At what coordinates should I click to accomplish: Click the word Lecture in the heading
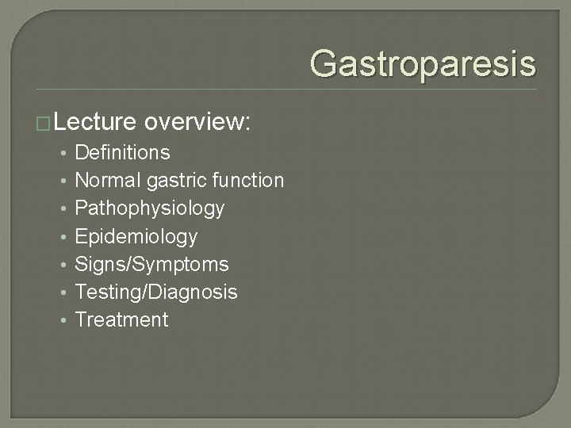click(x=97, y=121)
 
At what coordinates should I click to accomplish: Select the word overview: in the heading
click(x=198, y=121)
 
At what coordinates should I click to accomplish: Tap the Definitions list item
click(x=122, y=152)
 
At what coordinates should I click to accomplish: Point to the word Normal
click(x=108, y=181)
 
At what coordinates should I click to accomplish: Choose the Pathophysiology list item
click(x=149, y=208)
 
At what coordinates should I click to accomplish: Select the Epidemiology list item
click(x=136, y=236)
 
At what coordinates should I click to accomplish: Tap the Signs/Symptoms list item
click(x=151, y=264)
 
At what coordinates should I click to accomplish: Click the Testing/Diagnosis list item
click(x=155, y=292)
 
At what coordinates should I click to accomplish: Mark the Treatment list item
click(x=121, y=320)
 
